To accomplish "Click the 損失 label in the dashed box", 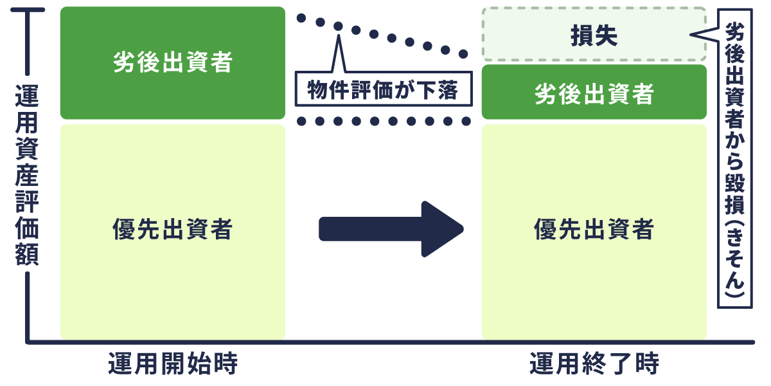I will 594,36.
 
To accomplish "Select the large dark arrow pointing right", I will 392,229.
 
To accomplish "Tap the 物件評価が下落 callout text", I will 383,90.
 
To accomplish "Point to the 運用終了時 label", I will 594,365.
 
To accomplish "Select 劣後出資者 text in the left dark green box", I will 172,63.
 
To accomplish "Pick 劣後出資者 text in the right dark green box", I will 594,95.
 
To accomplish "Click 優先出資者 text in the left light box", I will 172,229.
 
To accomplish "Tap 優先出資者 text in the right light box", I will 594,229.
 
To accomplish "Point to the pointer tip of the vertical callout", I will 693,35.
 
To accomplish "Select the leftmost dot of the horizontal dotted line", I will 302,121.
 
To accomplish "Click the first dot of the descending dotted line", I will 302,17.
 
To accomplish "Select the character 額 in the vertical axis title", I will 27,254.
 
